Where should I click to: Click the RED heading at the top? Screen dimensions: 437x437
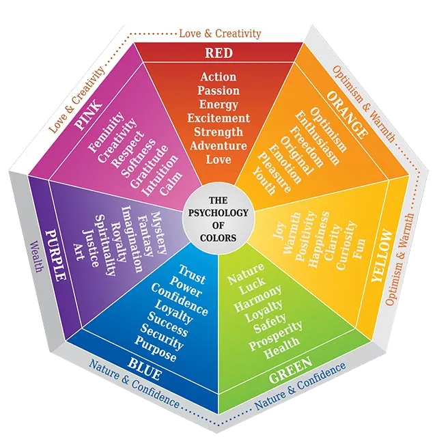click(218, 53)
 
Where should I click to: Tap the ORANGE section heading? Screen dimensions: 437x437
click(347, 115)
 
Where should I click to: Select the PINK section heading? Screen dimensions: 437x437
click(89, 115)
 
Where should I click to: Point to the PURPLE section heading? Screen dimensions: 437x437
click(56, 255)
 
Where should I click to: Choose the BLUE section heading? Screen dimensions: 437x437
click(144, 369)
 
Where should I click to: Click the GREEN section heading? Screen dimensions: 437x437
click(291, 370)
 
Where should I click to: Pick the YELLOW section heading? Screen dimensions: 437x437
click(381, 255)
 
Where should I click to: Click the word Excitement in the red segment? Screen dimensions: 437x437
click(218, 118)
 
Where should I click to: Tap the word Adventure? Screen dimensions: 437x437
click(218, 145)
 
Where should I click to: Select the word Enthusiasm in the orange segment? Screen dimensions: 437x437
click(318, 138)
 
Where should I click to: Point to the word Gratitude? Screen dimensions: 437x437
click(149, 166)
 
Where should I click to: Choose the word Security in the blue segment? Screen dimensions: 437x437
click(162, 337)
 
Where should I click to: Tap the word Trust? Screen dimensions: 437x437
click(192, 274)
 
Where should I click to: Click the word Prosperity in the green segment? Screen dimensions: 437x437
click(275, 335)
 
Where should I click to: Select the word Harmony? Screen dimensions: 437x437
click(258, 298)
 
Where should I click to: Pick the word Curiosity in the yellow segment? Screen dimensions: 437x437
click(346, 244)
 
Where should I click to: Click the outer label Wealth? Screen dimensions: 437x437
click(36, 257)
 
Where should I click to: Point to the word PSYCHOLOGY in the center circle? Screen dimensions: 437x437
click(218, 213)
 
